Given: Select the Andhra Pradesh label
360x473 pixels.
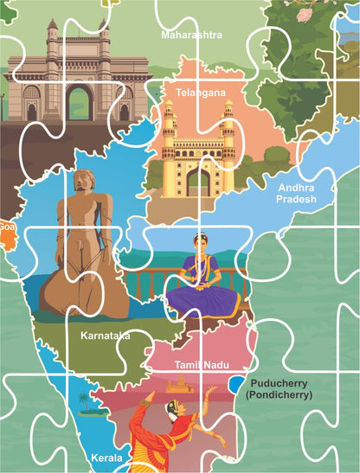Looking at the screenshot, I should (x=298, y=192).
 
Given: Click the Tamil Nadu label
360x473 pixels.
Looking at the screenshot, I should (x=201, y=366).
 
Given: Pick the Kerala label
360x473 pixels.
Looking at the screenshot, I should (x=107, y=456).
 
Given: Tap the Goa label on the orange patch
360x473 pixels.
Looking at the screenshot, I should (x=7, y=227).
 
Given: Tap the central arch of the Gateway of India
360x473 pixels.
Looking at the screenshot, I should (x=80, y=102).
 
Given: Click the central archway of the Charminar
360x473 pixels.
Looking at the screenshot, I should (x=197, y=181).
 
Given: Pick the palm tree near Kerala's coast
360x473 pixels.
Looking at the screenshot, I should (x=84, y=400).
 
